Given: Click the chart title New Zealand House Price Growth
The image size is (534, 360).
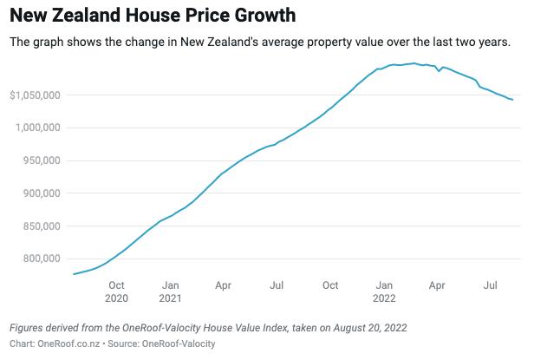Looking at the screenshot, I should [x=152, y=16].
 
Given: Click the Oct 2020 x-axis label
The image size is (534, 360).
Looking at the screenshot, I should [x=116, y=291].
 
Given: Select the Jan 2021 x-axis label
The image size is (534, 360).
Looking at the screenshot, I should [x=171, y=291].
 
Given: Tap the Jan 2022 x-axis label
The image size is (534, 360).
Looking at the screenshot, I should [x=384, y=291].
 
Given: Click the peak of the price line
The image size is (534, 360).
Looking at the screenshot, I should [x=414, y=63].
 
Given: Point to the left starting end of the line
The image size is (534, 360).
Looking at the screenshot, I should [x=74, y=274].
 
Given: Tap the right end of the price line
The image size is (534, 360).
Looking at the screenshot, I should [x=512, y=100].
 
